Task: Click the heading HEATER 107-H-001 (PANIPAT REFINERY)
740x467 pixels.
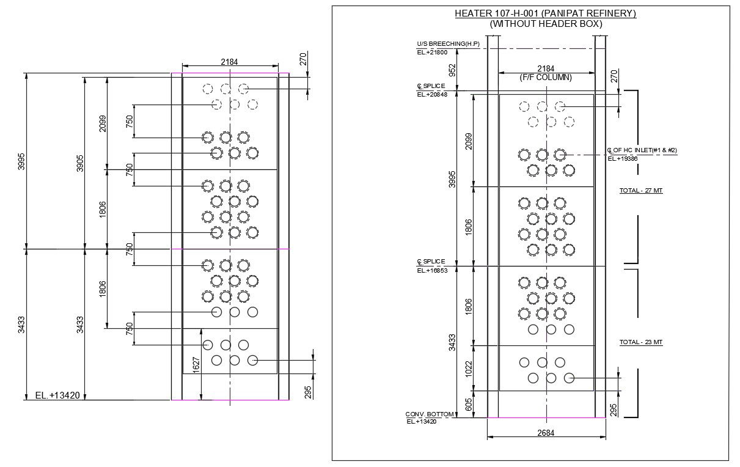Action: click(545, 13)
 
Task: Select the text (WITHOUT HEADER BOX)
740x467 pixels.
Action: click(546, 24)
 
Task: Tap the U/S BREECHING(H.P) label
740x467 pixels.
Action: click(448, 44)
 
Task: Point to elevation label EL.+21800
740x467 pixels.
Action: click(433, 53)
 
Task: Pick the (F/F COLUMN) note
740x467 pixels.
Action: click(546, 78)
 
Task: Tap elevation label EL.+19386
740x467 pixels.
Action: click(623, 159)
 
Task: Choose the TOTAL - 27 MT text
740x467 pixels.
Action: click(641, 191)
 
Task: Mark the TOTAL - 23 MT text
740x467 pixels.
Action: click(641, 342)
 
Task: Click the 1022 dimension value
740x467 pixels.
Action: click(469, 368)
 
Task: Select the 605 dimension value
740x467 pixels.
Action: click(469, 404)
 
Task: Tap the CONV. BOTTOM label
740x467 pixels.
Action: click(430, 414)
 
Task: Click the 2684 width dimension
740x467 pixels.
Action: click(546, 433)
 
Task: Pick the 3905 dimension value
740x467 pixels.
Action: click(80, 163)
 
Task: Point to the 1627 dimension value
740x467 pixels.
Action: click(196, 365)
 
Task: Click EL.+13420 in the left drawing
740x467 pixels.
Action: click(57, 395)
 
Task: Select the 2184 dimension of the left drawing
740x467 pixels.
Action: click(229, 62)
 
